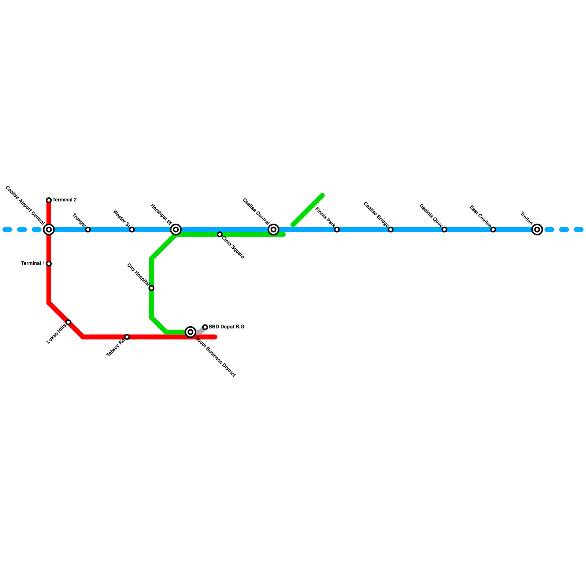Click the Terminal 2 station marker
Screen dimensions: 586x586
tap(49, 200)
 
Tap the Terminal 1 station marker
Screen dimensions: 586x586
tap(49, 264)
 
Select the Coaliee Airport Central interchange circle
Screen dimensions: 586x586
tap(49, 230)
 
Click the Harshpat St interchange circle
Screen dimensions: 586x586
tap(176, 230)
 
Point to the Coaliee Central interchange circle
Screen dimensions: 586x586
tap(273, 230)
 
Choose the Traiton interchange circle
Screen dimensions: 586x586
tap(537, 230)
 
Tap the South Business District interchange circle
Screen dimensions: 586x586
tap(190, 332)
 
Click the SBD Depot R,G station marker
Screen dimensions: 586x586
tap(205, 327)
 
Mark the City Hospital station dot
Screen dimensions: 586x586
tap(151, 288)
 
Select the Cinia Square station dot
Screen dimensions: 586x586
tap(220, 234)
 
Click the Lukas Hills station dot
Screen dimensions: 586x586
tap(68, 322)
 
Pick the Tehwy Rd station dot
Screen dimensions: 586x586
tap(127, 337)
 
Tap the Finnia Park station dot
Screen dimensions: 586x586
tap(337, 230)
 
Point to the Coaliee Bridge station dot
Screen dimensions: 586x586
tap(390, 230)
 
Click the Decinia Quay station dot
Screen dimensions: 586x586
tap(444, 230)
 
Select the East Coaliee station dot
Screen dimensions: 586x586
tap(493, 230)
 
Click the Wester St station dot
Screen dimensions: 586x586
tap(132, 230)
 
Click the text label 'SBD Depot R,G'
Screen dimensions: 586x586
tap(226, 327)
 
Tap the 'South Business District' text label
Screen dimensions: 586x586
tap(215, 356)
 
